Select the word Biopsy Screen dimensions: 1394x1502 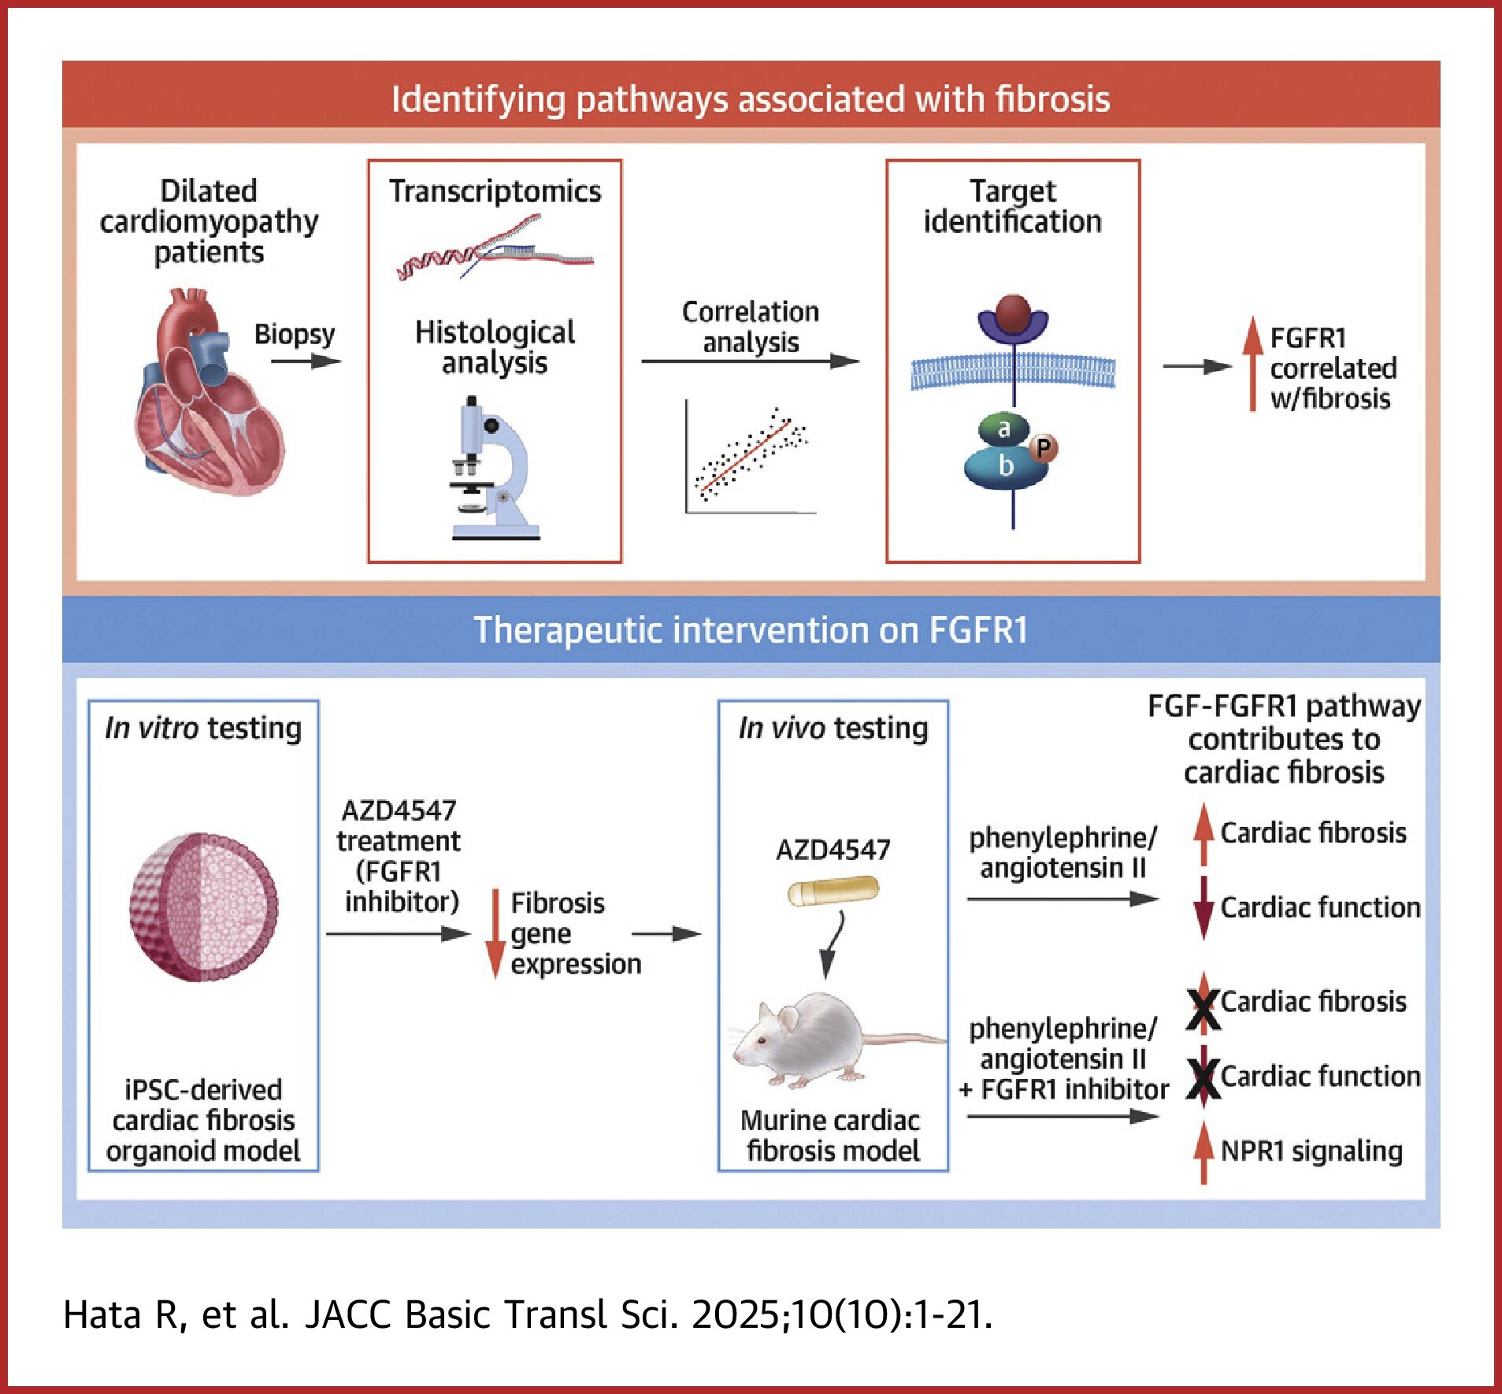point(294,334)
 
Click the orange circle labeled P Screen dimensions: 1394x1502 point(1043,448)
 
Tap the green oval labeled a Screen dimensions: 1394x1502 point(1003,428)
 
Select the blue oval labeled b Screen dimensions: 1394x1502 point(1005,466)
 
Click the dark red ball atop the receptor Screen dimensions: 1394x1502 point(1013,313)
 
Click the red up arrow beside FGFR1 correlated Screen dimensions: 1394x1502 point(1252,364)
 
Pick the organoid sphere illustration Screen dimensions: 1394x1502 point(203,906)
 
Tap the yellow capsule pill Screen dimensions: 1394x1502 point(833,892)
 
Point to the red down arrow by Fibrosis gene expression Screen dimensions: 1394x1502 point(495,932)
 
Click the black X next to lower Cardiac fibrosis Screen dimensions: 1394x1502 point(1203,1010)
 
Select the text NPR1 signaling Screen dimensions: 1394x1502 point(1311,1151)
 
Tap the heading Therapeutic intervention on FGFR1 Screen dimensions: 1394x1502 point(751,630)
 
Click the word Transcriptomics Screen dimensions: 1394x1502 point(495,191)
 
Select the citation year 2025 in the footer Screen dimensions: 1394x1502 point(736,1314)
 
